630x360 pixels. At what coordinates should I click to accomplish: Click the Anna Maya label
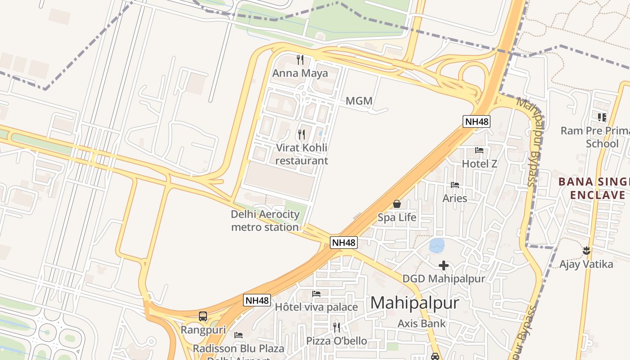tap(300, 73)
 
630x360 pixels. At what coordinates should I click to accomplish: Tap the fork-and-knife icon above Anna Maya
tap(300, 59)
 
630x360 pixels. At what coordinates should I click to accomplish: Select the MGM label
tap(359, 101)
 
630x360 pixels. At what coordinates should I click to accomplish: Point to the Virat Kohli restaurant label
tap(301, 154)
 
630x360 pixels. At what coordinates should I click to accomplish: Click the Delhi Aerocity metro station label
tap(265, 220)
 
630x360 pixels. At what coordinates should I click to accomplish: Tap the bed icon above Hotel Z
tap(479, 150)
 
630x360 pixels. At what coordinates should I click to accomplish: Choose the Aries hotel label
tap(454, 198)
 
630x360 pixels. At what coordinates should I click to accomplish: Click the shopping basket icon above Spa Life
tap(396, 204)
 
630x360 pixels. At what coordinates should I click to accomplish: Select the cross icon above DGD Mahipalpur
tap(444, 265)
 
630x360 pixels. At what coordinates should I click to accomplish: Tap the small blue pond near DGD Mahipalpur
tap(437, 246)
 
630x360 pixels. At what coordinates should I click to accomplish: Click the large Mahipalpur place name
tap(414, 303)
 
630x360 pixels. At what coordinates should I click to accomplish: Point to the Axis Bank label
tap(422, 323)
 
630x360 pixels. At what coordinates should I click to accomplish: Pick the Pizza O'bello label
tap(337, 341)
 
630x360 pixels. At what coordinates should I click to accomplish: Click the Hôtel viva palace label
tap(316, 307)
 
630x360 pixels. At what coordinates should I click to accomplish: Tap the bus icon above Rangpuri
tap(203, 316)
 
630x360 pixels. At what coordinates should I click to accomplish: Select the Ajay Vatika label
tap(586, 264)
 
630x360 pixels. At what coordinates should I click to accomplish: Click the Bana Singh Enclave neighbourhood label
tap(594, 189)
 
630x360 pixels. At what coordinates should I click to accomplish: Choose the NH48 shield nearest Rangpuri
tap(257, 300)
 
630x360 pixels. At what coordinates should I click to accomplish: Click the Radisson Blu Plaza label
tap(238, 348)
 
